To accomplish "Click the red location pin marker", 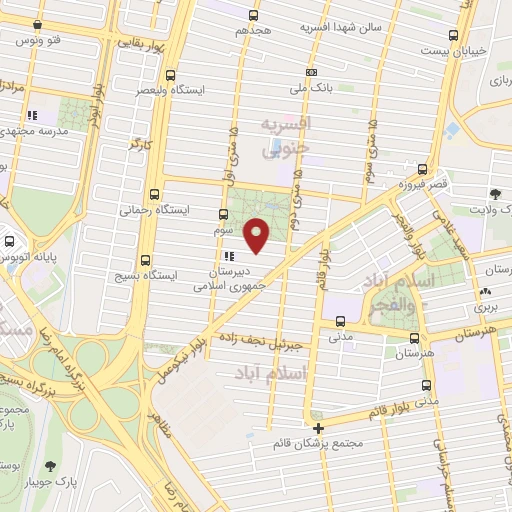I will pos(257,236).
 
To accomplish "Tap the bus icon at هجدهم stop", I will pos(252,15).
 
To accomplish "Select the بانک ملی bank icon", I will pos(312,72).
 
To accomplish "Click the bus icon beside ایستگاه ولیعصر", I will pos(171,74).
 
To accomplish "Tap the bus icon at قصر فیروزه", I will pos(423,169).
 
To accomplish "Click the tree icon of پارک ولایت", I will pos(494,194).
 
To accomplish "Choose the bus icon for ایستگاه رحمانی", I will pos(153,194).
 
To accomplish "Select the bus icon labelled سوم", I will pos(222,213).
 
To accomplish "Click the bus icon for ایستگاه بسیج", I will pos(146,258).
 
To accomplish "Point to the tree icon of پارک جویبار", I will pos(50,466).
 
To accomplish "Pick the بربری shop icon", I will pos(488,293).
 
